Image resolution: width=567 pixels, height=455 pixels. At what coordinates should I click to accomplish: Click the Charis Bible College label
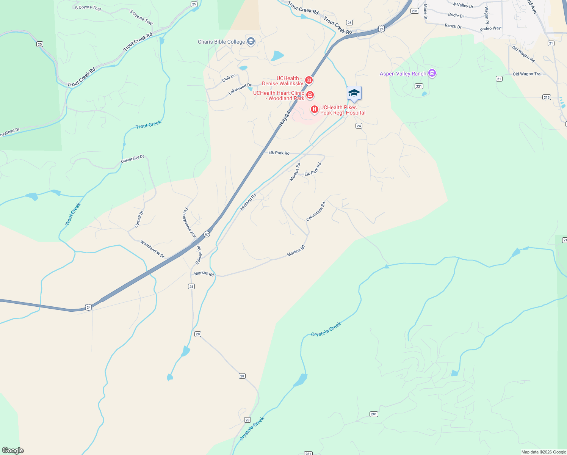(221, 42)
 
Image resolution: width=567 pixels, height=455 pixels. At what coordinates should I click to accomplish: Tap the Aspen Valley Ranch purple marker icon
(432, 73)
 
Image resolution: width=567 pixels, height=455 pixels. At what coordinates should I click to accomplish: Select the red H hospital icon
(314, 110)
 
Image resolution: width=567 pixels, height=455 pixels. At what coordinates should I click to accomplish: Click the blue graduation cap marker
(354, 93)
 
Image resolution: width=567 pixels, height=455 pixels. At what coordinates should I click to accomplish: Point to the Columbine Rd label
(316, 212)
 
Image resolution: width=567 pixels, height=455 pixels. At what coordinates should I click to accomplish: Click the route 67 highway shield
(207, 234)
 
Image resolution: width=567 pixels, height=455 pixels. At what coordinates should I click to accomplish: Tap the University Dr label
(132, 159)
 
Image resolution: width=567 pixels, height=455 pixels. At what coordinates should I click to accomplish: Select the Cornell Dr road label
(139, 219)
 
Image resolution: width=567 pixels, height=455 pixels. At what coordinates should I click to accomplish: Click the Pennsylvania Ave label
(190, 223)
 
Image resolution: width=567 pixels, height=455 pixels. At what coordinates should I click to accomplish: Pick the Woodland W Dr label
(152, 249)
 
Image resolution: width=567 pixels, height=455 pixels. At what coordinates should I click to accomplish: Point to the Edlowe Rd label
(199, 255)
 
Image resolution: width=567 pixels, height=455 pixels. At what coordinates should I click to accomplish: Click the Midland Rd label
(248, 202)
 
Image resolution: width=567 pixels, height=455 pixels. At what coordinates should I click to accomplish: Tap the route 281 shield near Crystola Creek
(374, 414)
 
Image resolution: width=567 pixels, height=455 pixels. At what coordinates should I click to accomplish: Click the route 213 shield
(546, 97)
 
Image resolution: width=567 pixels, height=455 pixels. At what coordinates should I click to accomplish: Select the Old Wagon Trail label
(528, 74)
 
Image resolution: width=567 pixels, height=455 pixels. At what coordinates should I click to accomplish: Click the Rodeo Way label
(490, 28)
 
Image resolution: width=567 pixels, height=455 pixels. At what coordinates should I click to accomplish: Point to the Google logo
(13, 450)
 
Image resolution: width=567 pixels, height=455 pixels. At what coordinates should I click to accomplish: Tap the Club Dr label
(229, 78)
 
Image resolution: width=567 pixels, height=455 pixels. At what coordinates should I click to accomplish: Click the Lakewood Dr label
(240, 89)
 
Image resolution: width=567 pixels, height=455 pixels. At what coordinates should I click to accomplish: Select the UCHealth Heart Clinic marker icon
(310, 95)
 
